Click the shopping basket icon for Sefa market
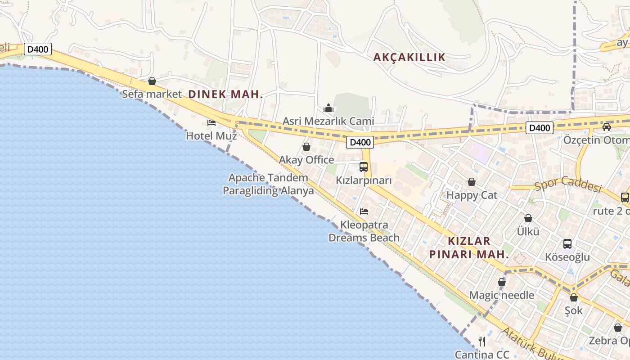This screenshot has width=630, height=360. [152, 81]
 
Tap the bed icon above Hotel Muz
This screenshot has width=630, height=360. [211, 122]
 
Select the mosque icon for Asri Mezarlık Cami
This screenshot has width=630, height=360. [328, 108]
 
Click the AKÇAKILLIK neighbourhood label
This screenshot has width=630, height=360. [409, 57]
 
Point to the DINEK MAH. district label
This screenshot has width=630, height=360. [225, 94]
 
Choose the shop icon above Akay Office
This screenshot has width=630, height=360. [306, 147]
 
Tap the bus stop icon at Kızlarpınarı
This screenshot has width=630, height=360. [364, 167]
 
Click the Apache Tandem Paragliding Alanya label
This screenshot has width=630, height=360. [269, 184]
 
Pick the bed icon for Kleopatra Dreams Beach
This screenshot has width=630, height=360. [364, 211]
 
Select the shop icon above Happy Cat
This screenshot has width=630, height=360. [472, 182]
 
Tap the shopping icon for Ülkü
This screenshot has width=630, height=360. [528, 218]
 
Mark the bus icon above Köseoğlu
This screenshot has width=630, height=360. [567, 244]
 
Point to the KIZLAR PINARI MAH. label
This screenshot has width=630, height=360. [469, 247]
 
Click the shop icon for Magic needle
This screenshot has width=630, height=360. [502, 282]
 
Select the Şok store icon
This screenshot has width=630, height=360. [574, 297]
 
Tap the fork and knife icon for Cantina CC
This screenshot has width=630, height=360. [482, 341]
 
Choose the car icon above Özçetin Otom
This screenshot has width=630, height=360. [607, 127]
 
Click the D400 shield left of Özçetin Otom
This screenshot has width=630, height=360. [539, 128]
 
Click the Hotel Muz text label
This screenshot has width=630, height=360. [211, 135]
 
